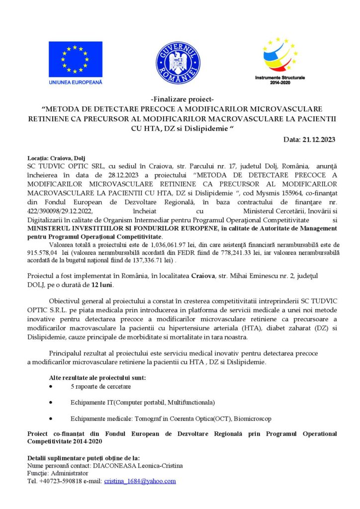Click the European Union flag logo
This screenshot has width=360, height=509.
76,59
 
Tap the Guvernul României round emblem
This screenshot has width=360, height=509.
178,63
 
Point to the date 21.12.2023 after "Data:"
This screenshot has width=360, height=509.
318,140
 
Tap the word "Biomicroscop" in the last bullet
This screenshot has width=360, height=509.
253,419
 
